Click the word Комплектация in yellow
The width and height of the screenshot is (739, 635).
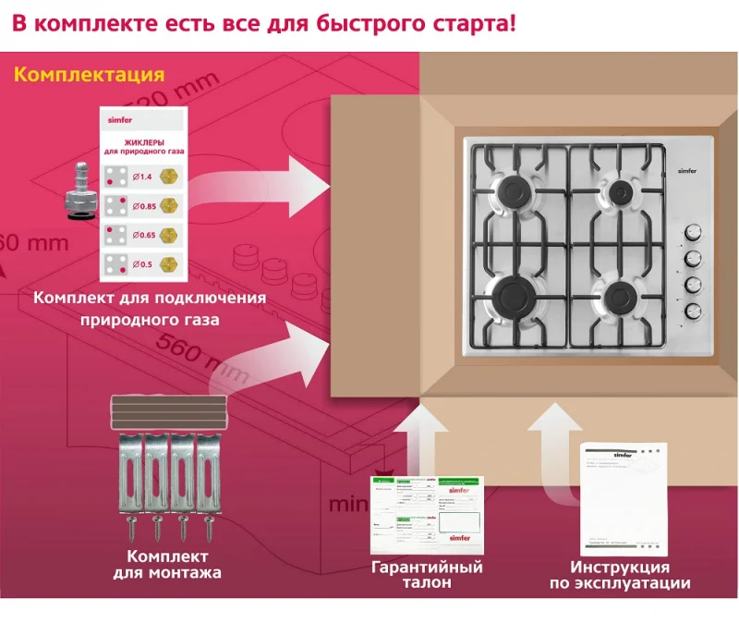coord(89,75)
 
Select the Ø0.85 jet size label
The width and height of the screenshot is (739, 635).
coord(143,204)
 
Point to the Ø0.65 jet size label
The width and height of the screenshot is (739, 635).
coord(143,234)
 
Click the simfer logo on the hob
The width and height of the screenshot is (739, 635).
coord(687,170)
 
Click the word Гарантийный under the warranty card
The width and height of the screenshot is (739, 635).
coord(426,567)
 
